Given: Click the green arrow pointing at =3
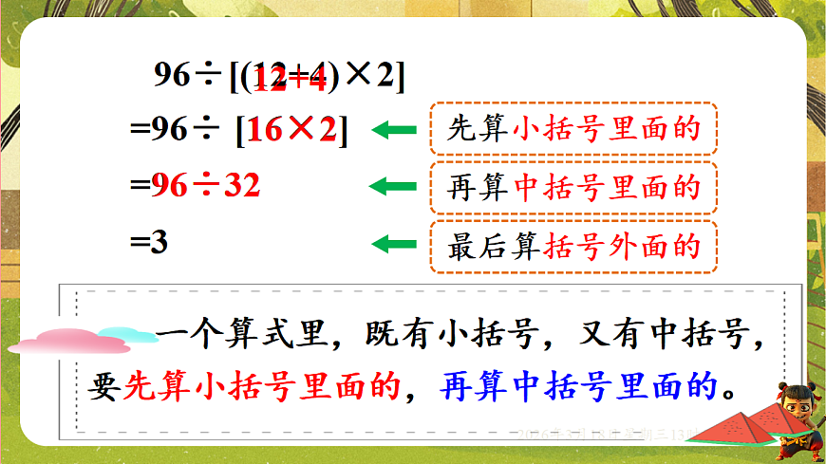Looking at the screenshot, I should [394, 245].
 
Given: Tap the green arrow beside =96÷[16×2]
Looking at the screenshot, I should [394, 130].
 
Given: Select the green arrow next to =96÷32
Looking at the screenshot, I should [394, 186].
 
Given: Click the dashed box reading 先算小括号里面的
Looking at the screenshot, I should [573, 129].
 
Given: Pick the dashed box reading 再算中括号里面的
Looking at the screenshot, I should [573, 187].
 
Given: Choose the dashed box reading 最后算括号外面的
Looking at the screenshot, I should [573, 246].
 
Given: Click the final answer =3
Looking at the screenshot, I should [149, 243].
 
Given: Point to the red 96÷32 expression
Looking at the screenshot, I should [206, 186].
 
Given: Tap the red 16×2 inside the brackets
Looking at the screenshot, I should [292, 131].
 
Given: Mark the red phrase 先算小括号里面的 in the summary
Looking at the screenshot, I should [263, 386].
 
